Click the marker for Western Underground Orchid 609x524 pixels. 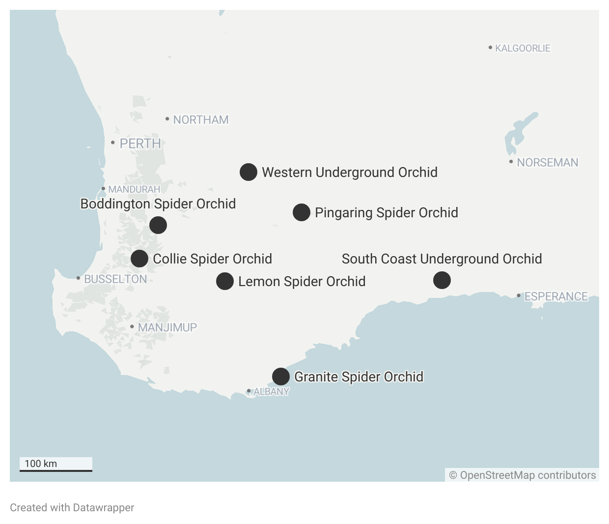point(249,172)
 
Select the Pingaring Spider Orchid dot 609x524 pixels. point(302,212)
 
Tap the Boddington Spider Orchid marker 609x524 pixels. point(158,225)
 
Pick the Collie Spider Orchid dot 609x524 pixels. point(139,259)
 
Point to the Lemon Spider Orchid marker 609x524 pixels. point(225,281)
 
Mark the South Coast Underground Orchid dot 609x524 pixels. point(442,280)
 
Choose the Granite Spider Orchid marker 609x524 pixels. point(281,377)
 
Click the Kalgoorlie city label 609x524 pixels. point(523,48)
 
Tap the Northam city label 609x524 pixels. point(200,119)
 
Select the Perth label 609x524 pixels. point(140,144)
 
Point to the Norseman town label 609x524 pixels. point(547,162)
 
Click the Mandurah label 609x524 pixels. point(134,189)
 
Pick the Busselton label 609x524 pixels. point(115,279)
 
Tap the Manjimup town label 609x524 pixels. point(167,327)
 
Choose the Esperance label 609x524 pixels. point(556,296)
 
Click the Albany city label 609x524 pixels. point(271,392)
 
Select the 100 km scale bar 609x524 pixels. point(56,465)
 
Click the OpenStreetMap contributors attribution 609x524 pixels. point(523,475)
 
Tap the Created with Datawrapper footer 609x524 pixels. point(72,507)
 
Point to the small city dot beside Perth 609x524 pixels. point(113,143)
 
